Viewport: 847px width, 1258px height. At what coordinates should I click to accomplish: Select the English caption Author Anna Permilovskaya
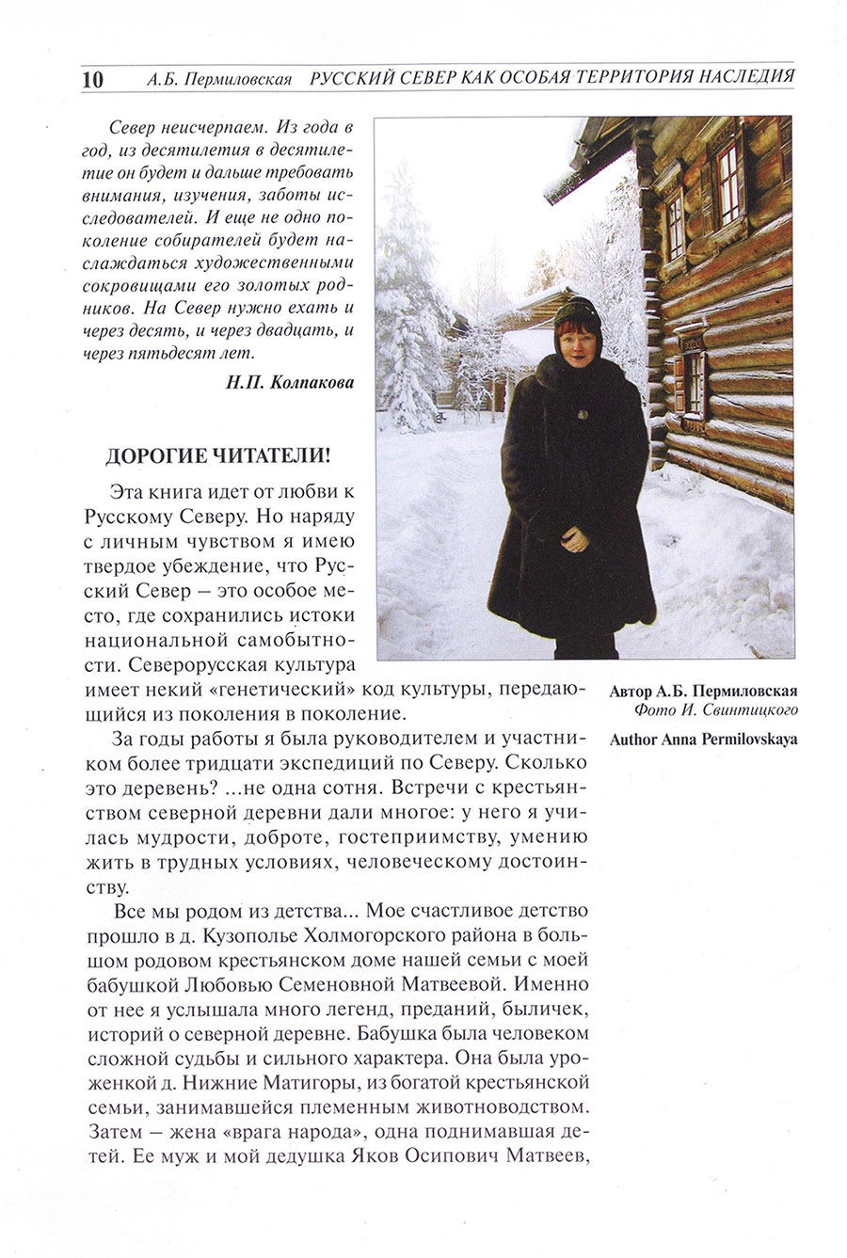[x=703, y=739]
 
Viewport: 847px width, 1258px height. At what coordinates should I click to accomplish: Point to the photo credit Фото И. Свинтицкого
[x=716, y=710]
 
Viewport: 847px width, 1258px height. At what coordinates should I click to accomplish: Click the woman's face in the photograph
[x=577, y=330]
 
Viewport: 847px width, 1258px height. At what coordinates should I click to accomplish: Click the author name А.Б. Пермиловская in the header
[x=219, y=79]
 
